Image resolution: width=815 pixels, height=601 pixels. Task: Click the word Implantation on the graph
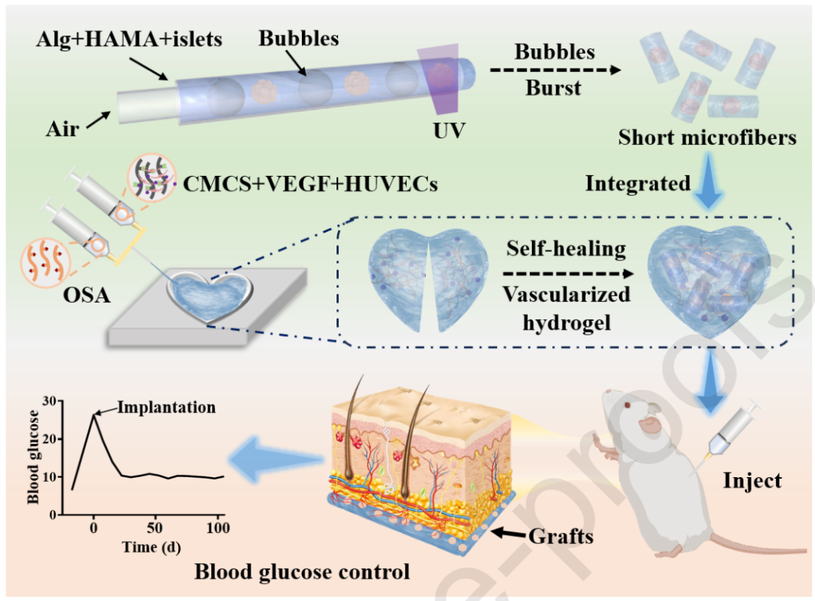click(x=166, y=408)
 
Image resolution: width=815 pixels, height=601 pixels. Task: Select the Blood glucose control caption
click(x=302, y=572)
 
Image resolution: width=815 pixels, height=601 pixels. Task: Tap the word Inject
click(x=753, y=480)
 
